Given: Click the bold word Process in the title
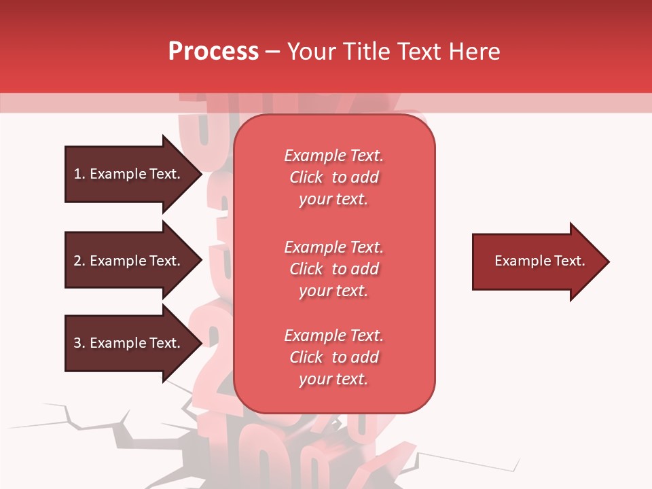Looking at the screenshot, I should point(213,52).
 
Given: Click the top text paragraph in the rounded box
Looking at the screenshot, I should point(333,177).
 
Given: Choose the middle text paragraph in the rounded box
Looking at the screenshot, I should point(333,269).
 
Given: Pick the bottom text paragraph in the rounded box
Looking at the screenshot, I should point(333,357).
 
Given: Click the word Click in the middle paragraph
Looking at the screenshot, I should point(306,269).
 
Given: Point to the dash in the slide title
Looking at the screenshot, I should point(273,52).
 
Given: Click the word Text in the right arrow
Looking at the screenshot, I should point(569,261).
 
